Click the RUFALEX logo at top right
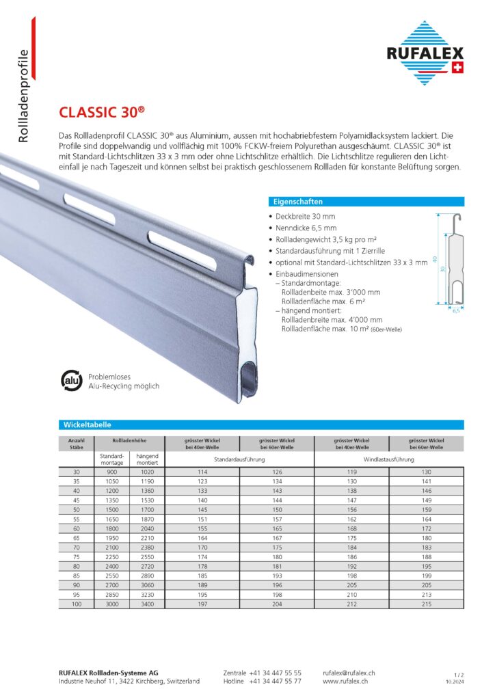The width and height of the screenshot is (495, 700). point(425,53)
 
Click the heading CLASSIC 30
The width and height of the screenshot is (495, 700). point(102,112)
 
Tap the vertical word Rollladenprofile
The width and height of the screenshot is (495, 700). point(23,96)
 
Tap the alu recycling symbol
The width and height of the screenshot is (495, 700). point(71,380)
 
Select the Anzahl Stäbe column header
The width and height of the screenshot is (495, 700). point(76,444)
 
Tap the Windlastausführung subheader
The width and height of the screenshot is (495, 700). point(389,460)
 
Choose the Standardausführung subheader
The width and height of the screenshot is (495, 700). point(240,460)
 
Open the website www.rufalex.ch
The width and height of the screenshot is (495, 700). point(346,682)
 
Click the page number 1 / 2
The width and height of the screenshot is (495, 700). point(451,673)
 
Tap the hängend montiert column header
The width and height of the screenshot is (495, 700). point(147,459)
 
